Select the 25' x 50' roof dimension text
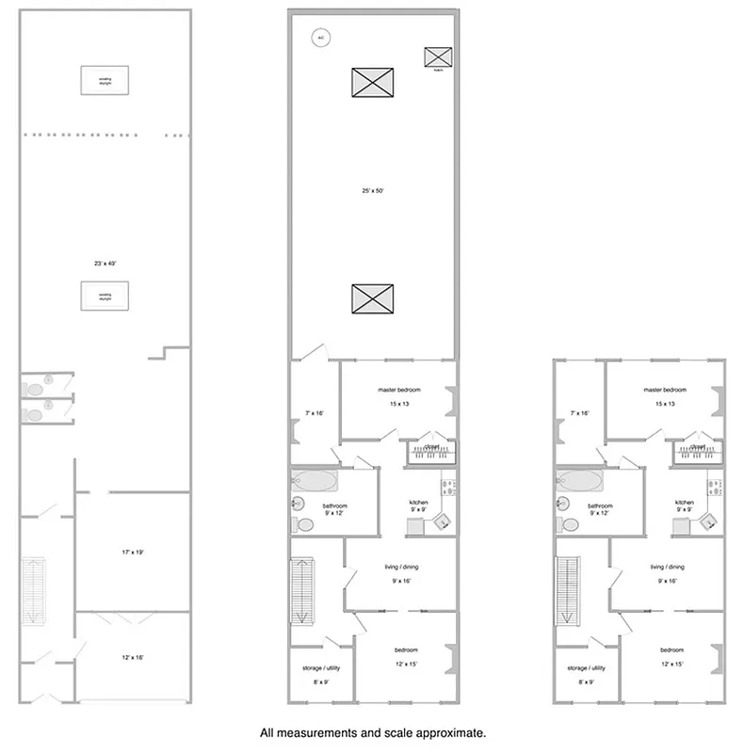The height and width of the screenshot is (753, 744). [x=372, y=190]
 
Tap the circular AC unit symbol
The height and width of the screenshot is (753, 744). [x=320, y=38]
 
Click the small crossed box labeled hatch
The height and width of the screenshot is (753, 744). [x=438, y=56]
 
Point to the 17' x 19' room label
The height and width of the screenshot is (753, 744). [x=132, y=552]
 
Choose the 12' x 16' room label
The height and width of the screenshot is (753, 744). [x=132, y=657]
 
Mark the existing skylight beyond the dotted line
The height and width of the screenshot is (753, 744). [x=105, y=78]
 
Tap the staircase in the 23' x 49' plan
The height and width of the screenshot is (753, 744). [x=34, y=590]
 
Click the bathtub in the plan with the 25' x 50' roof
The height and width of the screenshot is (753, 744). [x=315, y=482]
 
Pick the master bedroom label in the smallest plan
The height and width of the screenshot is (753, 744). [x=665, y=390]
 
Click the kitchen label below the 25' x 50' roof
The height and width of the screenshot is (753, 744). [x=419, y=503]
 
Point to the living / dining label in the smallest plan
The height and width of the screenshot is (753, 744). [x=667, y=568]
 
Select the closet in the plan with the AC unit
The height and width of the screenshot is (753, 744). [x=432, y=452]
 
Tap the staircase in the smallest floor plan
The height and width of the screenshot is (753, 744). [x=568, y=590]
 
